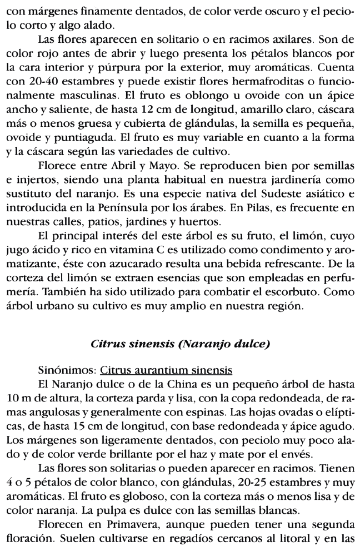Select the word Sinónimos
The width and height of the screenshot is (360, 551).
point(59,369)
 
